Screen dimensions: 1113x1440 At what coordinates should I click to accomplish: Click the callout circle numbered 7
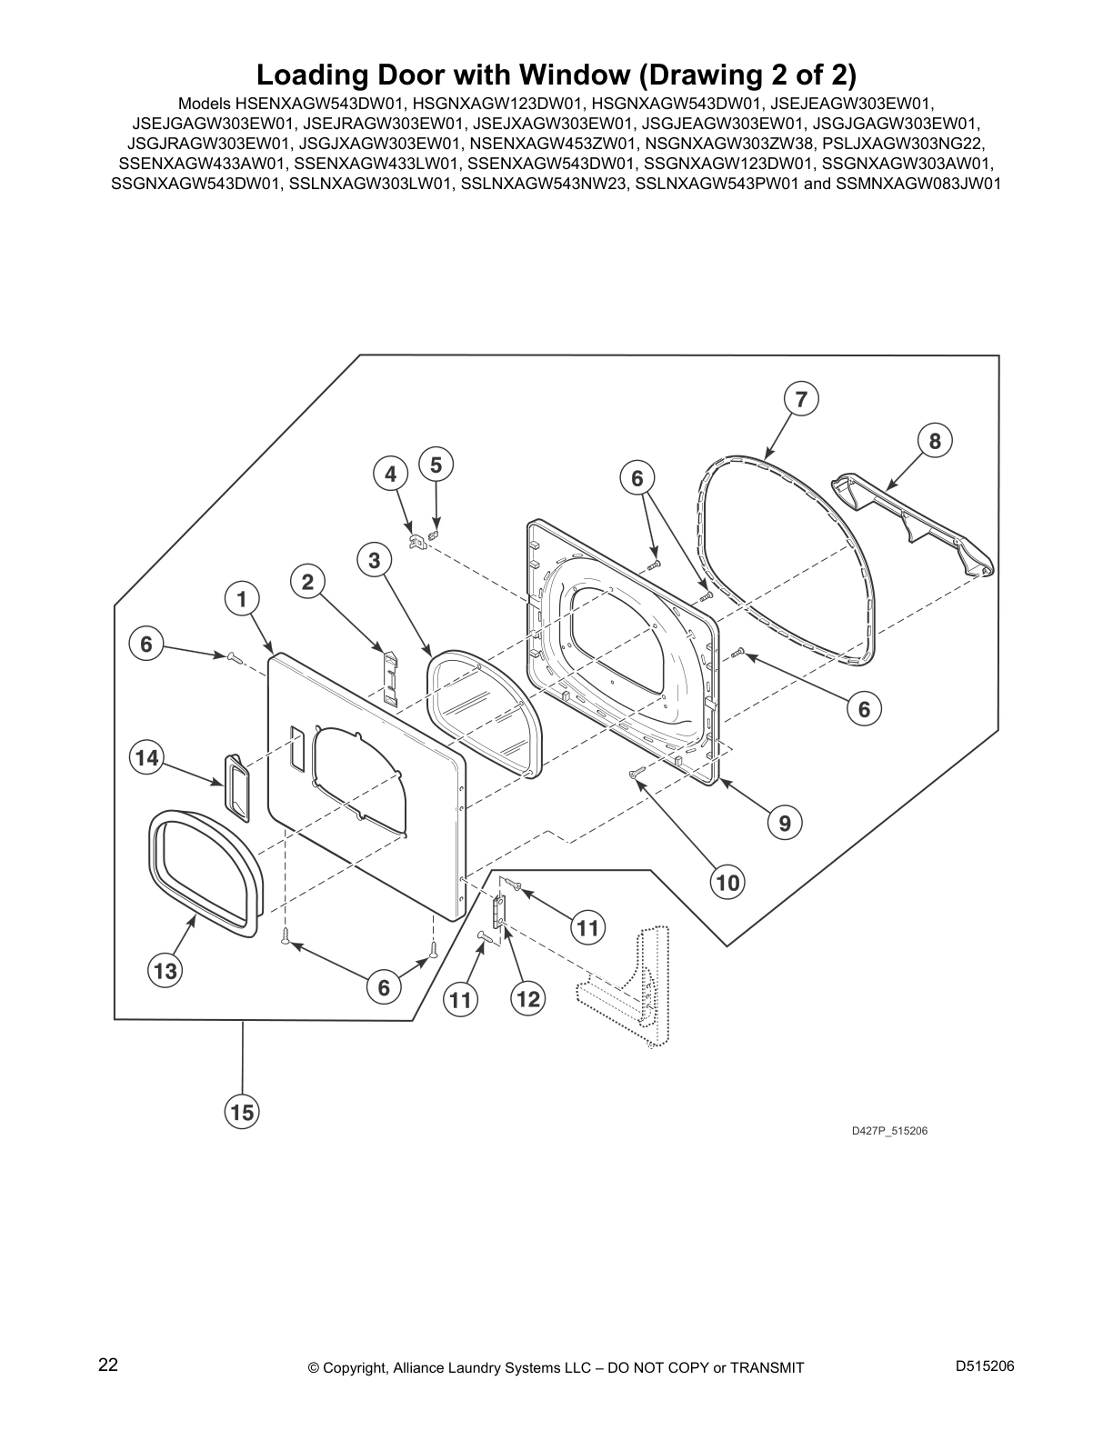tap(801, 399)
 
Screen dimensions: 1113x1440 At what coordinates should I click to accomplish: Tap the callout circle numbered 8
tap(935, 441)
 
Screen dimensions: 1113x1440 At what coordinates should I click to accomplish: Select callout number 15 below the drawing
tap(242, 1111)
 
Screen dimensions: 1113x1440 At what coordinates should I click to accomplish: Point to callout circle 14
tap(146, 757)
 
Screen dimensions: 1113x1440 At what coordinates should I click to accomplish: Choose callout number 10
tap(727, 882)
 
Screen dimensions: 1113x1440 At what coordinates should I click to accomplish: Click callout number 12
tap(527, 998)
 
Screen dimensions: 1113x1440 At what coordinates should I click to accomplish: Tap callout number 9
tap(785, 823)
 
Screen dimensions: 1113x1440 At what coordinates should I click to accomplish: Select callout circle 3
tap(374, 560)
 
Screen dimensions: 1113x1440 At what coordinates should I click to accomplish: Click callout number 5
tap(436, 465)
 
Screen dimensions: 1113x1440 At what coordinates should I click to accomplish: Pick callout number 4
tap(390, 474)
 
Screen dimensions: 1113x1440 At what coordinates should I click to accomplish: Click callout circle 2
tap(307, 582)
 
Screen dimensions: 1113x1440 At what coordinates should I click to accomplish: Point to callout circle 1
tap(241, 599)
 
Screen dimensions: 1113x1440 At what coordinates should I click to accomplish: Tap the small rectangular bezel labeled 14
tap(236, 788)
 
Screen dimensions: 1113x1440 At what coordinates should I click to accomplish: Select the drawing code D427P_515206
tap(889, 1131)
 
